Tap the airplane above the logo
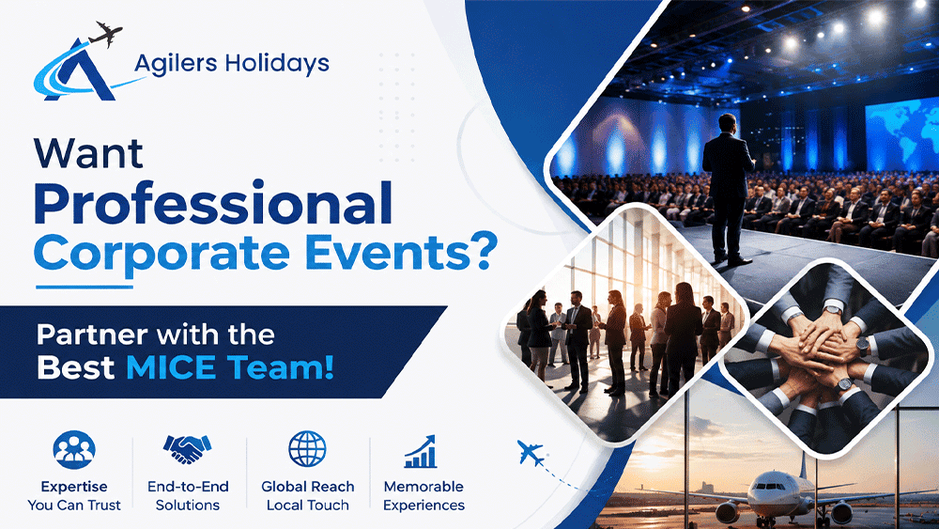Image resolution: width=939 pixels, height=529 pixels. coord(105,34)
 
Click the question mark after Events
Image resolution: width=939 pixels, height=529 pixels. coord(484,251)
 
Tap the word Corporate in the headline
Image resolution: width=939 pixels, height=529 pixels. coord(162,253)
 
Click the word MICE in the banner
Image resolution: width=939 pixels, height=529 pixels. coord(171,366)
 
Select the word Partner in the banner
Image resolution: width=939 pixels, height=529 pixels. coord(92,335)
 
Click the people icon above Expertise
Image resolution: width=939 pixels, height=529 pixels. coord(73,449)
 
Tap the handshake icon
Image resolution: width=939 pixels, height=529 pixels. coord(188,448)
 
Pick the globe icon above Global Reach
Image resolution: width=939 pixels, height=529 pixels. coord(307,448)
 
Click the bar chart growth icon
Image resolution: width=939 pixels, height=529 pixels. coord(421,451)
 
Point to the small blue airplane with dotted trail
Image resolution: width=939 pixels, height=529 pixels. coord(531,453)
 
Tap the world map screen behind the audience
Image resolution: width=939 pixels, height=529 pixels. coord(902,134)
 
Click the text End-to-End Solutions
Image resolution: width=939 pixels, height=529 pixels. coord(188,495)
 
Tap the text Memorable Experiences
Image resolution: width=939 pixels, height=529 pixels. coord(423,495)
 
